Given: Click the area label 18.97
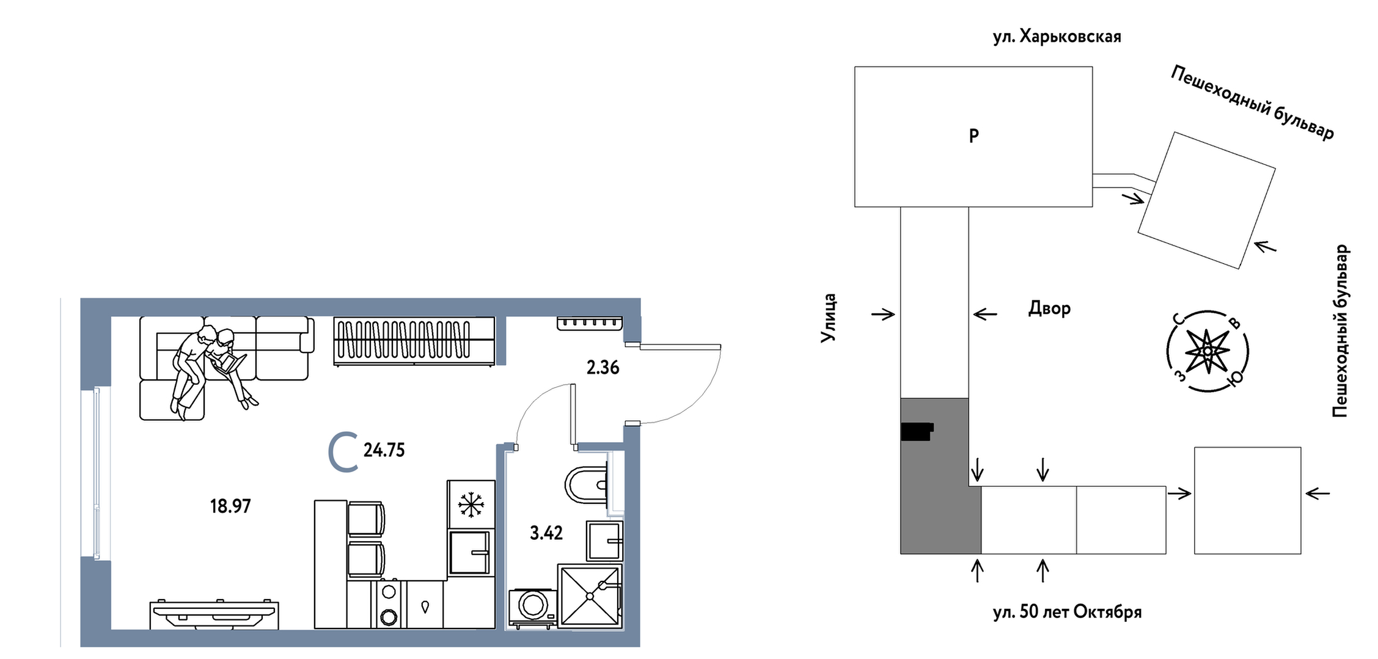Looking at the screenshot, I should [x=230, y=506].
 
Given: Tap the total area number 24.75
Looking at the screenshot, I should [x=384, y=450].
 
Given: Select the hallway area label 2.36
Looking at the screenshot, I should [x=603, y=368].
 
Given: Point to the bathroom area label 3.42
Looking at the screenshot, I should [x=546, y=533].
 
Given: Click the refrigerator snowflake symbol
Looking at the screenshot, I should [x=471, y=505].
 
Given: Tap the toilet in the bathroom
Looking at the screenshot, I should [x=587, y=484].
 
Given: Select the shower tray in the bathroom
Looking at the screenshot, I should [x=590, y=595].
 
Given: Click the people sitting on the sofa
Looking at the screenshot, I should [x=211, y=366].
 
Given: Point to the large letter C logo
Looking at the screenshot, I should [x=343, y=452].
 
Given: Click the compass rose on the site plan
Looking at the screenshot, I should [x=1207, y=352].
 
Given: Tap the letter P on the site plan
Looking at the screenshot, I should [x=974, y=136].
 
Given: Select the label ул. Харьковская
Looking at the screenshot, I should [x=1057, y=37].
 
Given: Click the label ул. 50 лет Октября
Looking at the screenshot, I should [x=1067, y=612].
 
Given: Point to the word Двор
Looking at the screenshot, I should [x=1049, y=308].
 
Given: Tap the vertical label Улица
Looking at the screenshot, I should [x=829, y=318].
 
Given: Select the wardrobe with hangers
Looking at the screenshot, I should [x=414, y=341].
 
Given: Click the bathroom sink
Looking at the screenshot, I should [x=604, y=541].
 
